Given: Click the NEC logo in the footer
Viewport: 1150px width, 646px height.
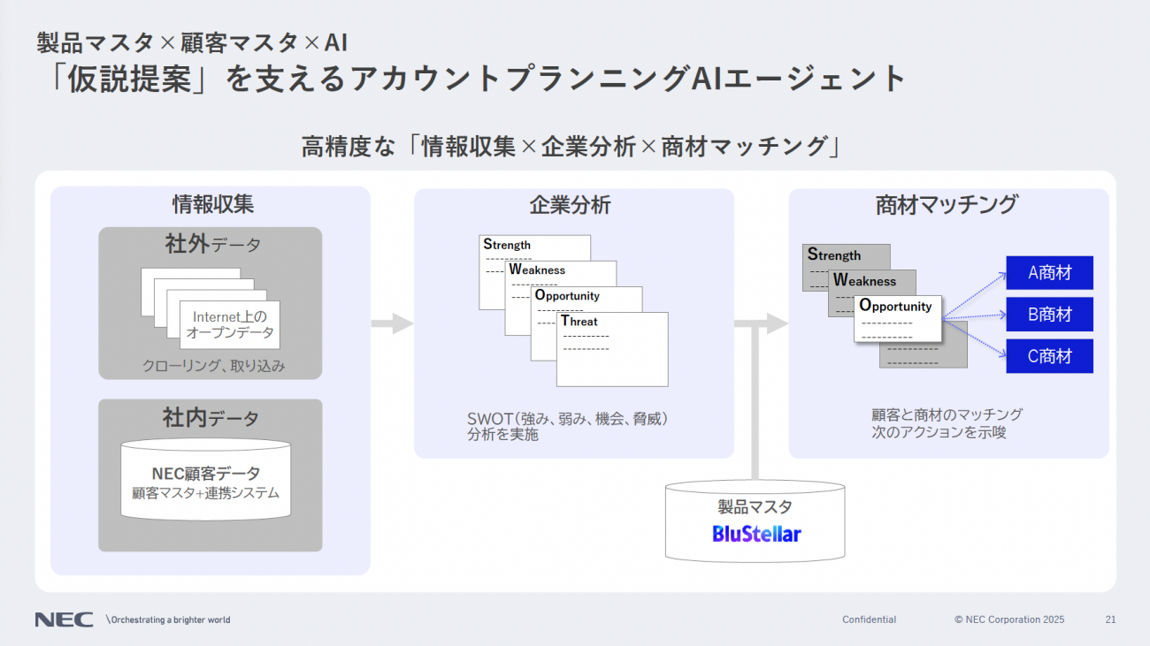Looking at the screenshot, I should [x=64, y=619].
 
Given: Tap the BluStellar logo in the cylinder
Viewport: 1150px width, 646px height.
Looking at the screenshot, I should [x=756, y=534].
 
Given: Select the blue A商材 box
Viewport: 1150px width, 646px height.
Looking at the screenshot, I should [x=1049, y=273].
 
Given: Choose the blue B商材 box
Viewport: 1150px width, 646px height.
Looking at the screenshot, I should [x=1049, y=315].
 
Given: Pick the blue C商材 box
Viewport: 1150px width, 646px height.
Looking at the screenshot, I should [x=1049, y=356].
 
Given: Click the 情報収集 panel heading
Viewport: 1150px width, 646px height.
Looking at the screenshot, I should [x=212, y=205].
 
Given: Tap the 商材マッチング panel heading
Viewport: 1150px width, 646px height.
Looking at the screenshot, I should [x=947, y=205].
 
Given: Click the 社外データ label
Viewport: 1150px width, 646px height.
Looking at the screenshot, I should [x=212, y=244].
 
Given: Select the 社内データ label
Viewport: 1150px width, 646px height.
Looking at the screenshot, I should [x=211, y=417].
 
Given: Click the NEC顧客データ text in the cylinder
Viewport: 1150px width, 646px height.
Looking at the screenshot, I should [x=206, y=475].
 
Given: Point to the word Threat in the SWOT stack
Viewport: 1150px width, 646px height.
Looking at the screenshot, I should [x=579, y=322].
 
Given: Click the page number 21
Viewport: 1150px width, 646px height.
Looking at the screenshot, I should [x=1110, y=619].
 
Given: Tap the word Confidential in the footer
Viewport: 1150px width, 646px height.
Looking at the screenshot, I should [x=869, y=619].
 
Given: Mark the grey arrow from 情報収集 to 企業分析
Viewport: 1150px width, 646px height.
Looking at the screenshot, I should [x=391, y=323].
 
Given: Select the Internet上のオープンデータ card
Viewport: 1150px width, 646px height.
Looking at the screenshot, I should [x=230, y=325].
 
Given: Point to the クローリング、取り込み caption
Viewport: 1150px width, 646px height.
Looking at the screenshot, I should [x=214, y=366].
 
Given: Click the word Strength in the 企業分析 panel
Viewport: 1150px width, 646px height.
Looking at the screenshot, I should [x=507, y=245].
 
